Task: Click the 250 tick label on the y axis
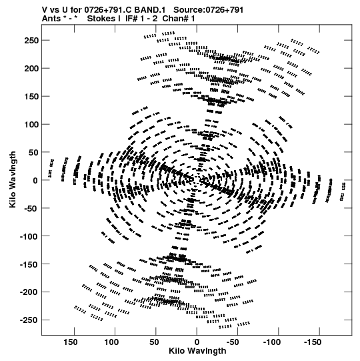pos(31,41)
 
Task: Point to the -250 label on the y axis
pos(29,320)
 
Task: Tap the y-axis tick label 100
pos(31,125)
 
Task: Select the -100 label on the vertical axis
pos(29,236)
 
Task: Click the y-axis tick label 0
pos(35,180)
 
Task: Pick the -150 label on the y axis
pos(29,264)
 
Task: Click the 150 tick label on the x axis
pos(71,342)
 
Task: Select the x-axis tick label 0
pos(197,342)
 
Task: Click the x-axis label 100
pos(111,342)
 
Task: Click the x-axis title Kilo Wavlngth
pos(197,351)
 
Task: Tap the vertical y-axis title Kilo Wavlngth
pos(13,179)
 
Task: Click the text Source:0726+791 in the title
pos(208,10)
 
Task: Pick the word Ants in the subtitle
pos(51,19)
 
